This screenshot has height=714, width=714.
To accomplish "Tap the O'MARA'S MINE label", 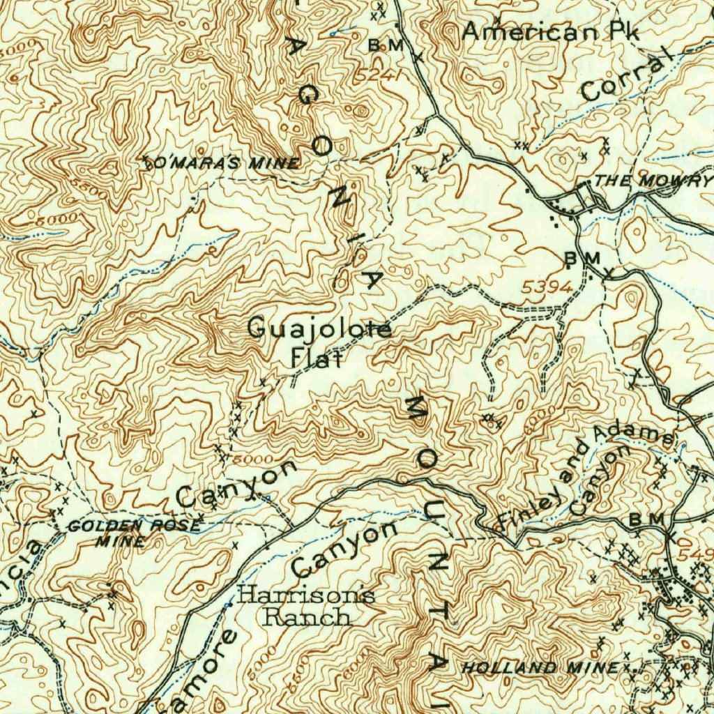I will pyautogui.click(x=222, y=163).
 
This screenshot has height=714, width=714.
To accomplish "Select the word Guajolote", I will pyautogui.click(x=319, y=328).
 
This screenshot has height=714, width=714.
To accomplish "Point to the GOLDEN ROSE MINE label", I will pyautogui.click(x=132, y=532).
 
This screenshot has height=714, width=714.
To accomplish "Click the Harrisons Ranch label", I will pyautogui.click(x=306, y=606).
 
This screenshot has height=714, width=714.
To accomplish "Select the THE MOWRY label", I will pyautogui.click(x=654, y=181).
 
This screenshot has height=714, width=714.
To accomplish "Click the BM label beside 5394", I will pyautogui.click(x=582, y=259).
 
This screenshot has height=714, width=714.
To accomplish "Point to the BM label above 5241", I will pyautogui.click(x=386, y=45).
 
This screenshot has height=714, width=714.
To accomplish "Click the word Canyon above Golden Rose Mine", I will pyautogui.click(x=236, y=483).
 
